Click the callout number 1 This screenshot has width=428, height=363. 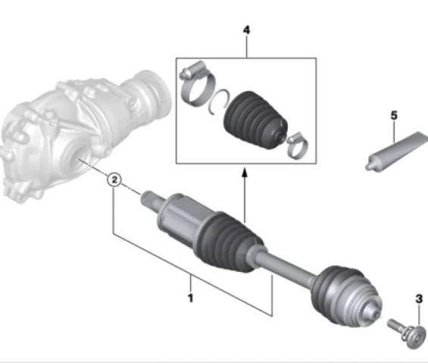(190, 298)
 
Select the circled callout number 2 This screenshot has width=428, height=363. (113, 180)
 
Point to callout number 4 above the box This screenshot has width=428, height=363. (245, 30)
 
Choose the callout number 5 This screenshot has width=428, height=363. (393, 115)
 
